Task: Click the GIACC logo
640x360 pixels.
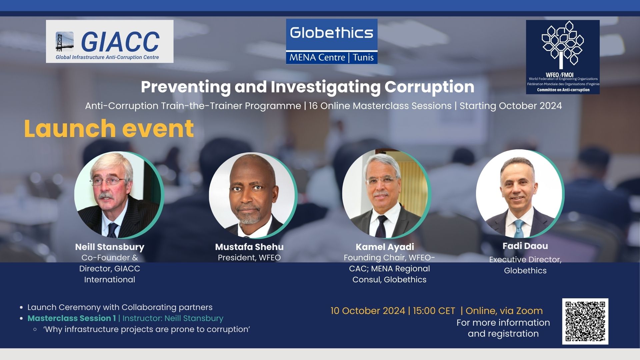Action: pos(110,41)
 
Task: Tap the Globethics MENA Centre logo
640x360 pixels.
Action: pos(332,41)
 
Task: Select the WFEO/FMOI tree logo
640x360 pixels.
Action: pos(563,57)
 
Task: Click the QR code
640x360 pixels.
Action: pos(585,321)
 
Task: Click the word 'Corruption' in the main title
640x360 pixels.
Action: pos(429,87)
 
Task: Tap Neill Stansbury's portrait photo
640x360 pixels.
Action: pos(118,195)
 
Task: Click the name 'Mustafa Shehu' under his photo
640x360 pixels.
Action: pos(249,247)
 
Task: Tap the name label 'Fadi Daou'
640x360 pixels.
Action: pos(525,246)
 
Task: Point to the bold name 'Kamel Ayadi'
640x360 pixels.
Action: pos(385,247)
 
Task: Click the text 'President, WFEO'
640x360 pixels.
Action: pos(249,258)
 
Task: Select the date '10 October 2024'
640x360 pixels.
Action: pos(368,311)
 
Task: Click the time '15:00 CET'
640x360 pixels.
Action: pos(434,311)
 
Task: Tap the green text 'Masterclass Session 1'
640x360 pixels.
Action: pos(72,318)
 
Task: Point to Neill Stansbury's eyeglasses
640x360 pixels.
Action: pos(107,181)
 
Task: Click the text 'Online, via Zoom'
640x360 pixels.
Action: pos(504,311)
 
